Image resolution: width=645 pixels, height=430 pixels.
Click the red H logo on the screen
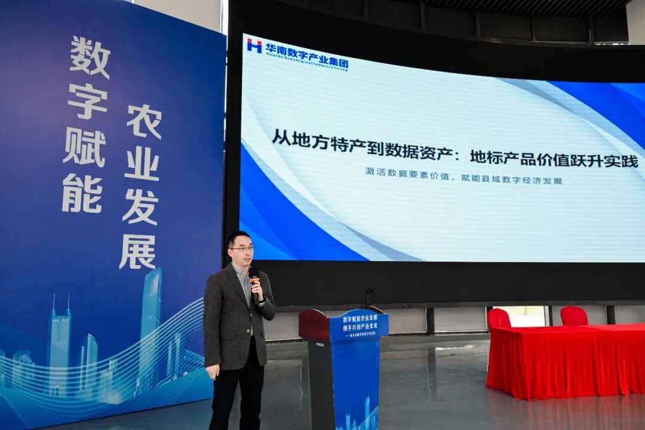pyautogui.click(x=254, y=45)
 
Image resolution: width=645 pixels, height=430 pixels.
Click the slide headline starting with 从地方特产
pyautogui.click(x=454, y=149)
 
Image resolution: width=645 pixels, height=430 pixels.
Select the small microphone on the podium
pyautogui.click(x=368, y=296)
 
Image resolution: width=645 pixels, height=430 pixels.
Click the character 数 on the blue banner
pyautogui.click(x=90, y=57)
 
